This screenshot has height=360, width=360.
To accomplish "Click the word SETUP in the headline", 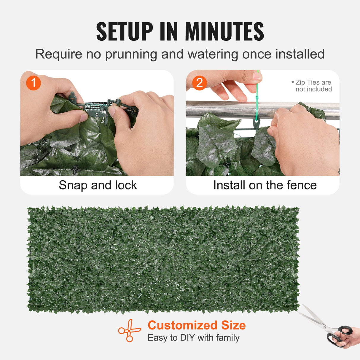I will [x=125, y=31].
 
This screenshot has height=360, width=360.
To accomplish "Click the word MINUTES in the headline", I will [x=224, y=31].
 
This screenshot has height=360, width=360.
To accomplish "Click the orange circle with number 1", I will [x=34, y=83].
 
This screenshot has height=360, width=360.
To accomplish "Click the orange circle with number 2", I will [x=200, y=83].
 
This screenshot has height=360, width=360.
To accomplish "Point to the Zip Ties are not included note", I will [x=313, y=86].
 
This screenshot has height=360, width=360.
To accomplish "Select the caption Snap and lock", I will [x=98, y=185].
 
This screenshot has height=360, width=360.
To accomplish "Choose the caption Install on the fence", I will [x=265, y=185].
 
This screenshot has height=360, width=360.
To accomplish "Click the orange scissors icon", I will [x=129, y=330].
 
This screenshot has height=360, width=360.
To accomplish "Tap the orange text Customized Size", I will [x=197, y=325].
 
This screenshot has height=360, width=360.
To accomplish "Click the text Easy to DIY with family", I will [x=193, y=338].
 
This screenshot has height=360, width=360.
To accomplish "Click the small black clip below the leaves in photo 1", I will [x=76, y=169].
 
